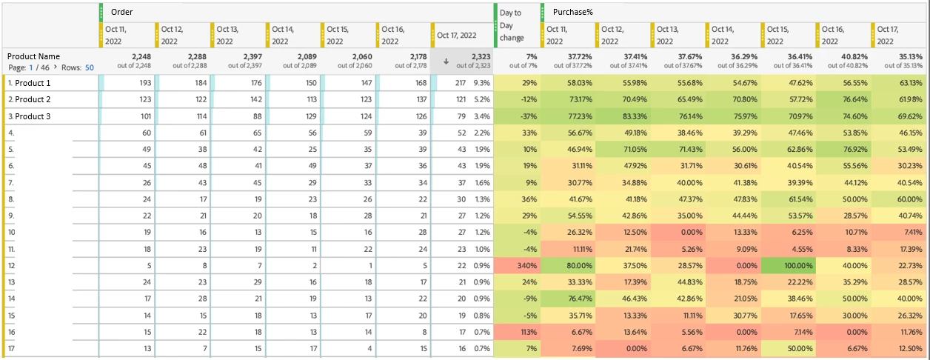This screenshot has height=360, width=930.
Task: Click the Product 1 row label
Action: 33,83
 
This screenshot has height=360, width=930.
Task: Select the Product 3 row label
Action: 33,116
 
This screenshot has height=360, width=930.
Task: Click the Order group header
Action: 121,12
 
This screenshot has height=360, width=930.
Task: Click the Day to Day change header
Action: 511,25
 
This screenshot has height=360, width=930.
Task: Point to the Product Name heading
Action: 33,56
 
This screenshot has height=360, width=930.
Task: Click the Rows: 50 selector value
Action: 89,67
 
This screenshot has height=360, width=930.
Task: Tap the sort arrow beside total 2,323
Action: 446,61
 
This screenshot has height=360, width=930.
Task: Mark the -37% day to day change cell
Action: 528,116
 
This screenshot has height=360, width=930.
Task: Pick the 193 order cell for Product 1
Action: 144,83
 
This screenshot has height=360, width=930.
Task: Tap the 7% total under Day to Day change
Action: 531,56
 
